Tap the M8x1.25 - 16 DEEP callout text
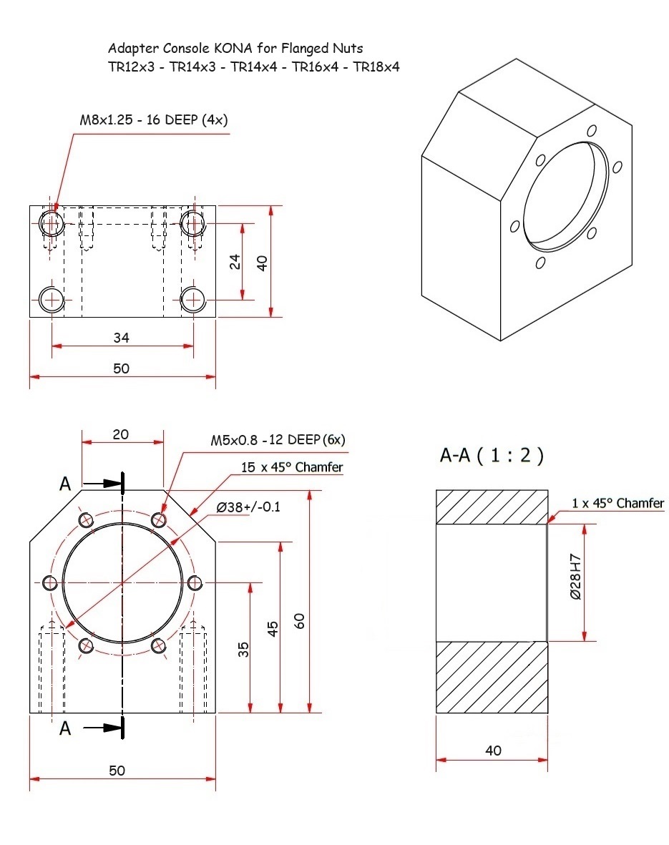pyautogui.click(x=153, y=119)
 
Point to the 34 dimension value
pyautogui.click(x=122, y=336)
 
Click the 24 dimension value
pyautogui.click(x=235, y=261)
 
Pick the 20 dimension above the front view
pyautogui.click(x=122, y=434)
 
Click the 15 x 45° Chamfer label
pyautogui.click(x=292, y=467)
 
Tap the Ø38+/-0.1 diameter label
pyautogui.click(x=248, y=507)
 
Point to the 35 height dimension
pyautogui.click(x=243, y=649)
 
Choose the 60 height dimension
pyautogui.click(x=301, y=620)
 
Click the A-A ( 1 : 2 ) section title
pyautogui.click(x=492, y=456)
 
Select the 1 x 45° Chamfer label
pyautogui.click(x=617, y=503)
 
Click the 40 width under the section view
pyautogui.click(x=493, y=751)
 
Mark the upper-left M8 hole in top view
pyautogui.click(x=52, y=223)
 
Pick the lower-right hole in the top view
pyautogui.click(x=192, y=298)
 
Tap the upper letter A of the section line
pyautogui.click(x=65, y=484)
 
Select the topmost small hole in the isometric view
pyautogui.click(x=592, y=131)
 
